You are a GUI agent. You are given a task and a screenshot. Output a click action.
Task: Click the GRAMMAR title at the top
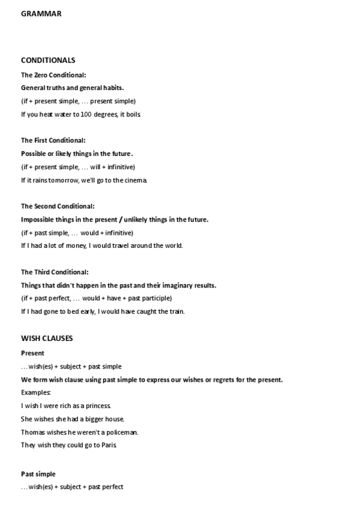pyautogui.click(x=41, y=13)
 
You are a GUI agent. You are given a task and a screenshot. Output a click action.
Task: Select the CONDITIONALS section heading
pyautogui.click(x=48, y=60)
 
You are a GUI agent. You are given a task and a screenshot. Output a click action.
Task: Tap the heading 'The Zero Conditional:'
pyautogui.click(x=53, y=75)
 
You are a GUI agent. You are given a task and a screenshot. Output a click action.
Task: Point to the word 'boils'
pyautogui.click(x=133, y=114)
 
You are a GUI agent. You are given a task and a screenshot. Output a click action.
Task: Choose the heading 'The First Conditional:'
pyautogui.click(x=53, y=140)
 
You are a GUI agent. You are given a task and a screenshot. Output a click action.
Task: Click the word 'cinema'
pyautogui.click(x=134, y=180)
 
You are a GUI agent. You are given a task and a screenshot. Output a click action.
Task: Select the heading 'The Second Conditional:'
pyautogui.click(x=58, y=206)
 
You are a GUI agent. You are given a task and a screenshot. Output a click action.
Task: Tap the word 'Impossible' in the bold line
pyautogui.click(x=38, y=220)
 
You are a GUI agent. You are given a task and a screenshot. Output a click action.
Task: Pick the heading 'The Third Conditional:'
pyautogui.click(x=55, y=272)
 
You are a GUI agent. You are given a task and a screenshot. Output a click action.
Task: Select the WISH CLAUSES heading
pyautogui.click(x=47, y=339)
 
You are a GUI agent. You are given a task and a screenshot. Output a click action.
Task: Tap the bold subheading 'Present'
pyautogui.click(x=32, y=354)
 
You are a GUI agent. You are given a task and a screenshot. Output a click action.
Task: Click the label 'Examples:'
pyautogui.click(x=35, y=393)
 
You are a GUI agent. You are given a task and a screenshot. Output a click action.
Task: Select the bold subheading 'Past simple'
pyautogui.click(x=38, y=474)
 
